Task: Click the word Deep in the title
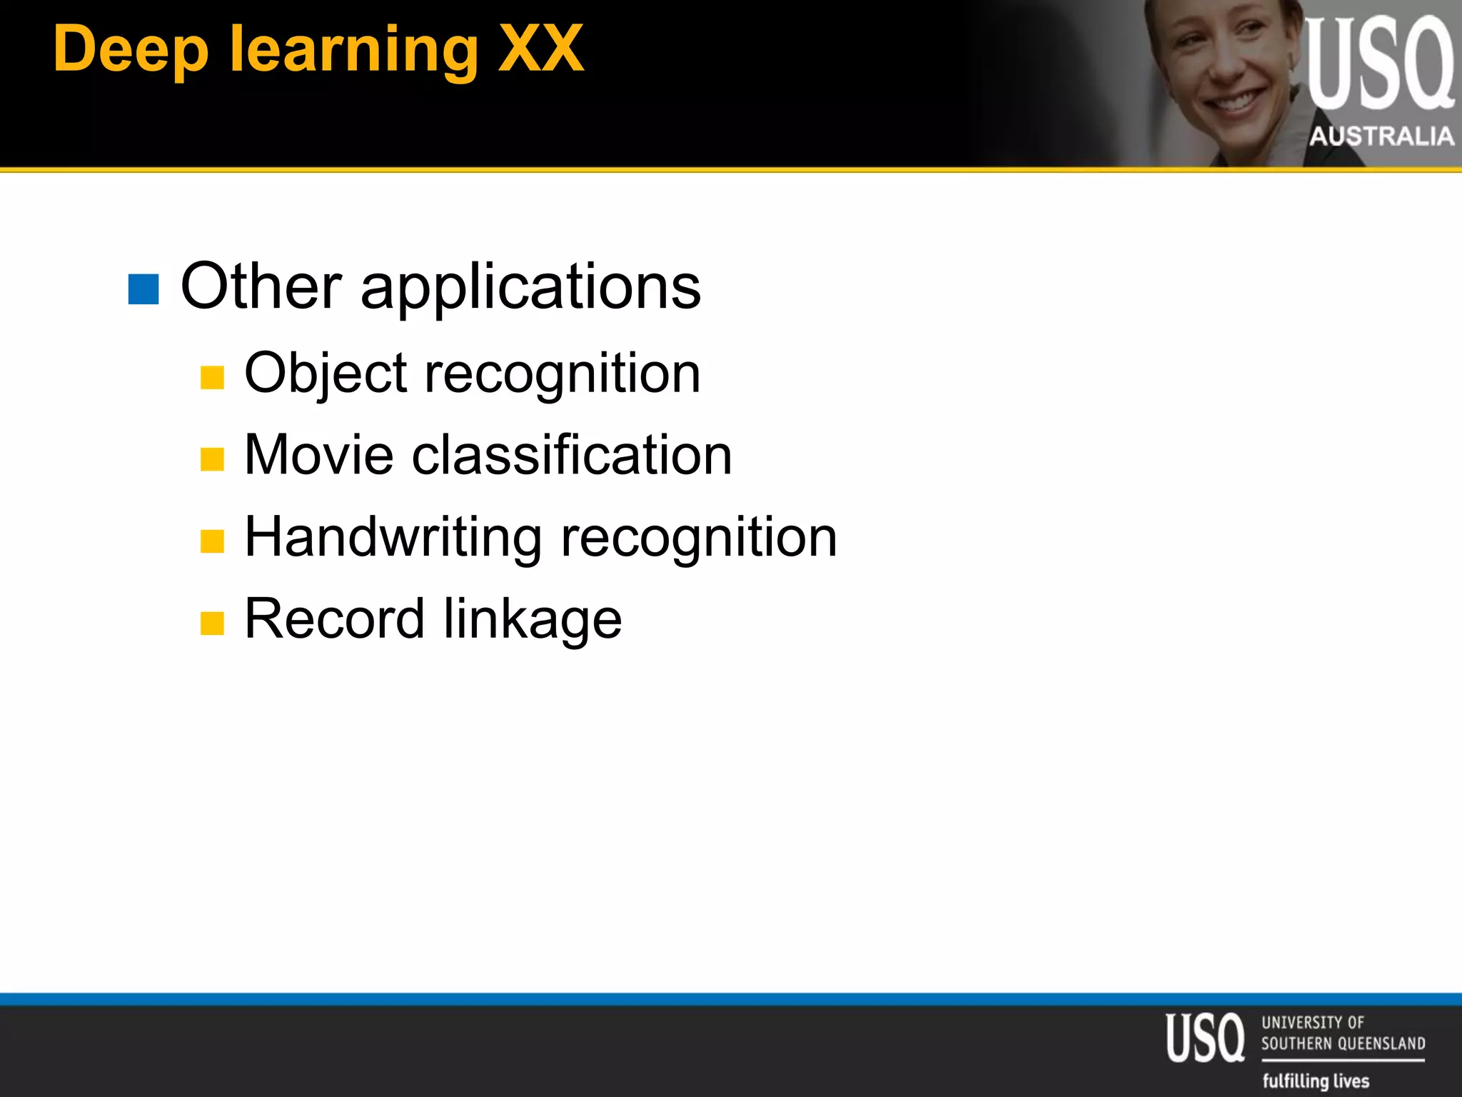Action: [131, 50]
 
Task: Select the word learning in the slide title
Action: [353, 50]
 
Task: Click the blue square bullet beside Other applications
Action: [143, 289]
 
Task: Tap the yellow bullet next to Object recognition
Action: [212, 377]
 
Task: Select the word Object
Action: [326, 374]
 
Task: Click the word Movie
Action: [318, 455]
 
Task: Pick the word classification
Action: [572, 455]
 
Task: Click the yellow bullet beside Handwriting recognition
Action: [212, 541]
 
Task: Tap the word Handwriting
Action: [393, 537]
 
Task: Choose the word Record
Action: [334, 618]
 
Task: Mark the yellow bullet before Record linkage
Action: [212, 623]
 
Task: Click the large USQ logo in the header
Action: [1379, 64]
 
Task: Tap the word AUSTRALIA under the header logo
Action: [1381, 136]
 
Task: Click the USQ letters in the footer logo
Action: [1205, 1038]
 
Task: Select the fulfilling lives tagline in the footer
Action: [1316, 1080]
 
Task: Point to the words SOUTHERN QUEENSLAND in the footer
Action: [1343, 1043]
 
